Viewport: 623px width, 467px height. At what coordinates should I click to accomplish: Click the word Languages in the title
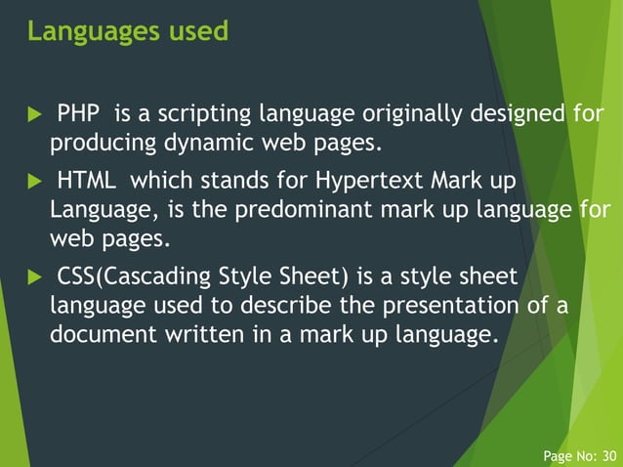pos(81,32)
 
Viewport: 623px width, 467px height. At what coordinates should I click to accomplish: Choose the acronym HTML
pos(88,182)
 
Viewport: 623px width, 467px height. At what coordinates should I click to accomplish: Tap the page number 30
pos(609,455)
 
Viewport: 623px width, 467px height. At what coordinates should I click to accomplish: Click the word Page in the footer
pos(559,455)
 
